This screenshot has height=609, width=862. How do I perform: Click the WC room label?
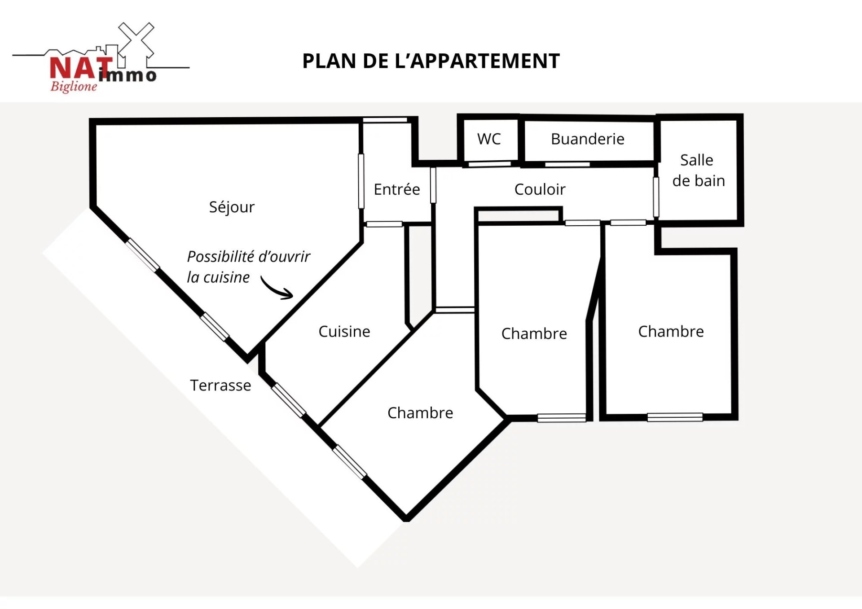click(489, 139)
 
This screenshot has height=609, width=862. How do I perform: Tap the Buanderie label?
click(587, 139)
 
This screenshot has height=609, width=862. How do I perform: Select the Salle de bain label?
click(698, 170)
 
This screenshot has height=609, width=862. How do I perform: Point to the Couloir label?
click(540, 189)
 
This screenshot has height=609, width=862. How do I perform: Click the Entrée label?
click(397, 189)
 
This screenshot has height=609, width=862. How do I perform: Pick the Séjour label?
click(232, 207)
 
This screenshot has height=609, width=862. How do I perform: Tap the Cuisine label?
click(344, 331)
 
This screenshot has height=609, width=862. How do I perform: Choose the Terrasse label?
click(220, 385)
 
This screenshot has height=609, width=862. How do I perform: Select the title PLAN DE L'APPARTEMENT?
click(431, 61)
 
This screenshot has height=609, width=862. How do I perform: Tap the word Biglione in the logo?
click(74, 86)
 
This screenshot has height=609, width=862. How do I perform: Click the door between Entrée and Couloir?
click(433, 185)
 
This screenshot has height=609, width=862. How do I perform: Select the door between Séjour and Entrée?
click(361, 181)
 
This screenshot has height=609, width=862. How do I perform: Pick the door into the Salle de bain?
click(656, 197)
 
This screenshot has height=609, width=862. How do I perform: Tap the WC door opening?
click(490, 164)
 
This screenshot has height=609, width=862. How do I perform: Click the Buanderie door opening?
click(567, 165)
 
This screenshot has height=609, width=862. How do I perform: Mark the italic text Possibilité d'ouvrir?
click(248, 257)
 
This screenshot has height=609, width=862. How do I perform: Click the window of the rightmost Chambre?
click(675, 417)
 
